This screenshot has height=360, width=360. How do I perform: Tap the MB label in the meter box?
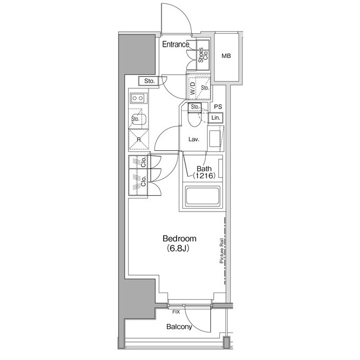click(x=226, y=56)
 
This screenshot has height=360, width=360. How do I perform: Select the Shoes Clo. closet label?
click(x=203, y=54)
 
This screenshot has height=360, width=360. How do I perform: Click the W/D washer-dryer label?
click(x=192, y=88)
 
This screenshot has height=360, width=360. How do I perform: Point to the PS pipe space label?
click(x=218, y=107)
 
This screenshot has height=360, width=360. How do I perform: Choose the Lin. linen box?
click(x=216, y=118)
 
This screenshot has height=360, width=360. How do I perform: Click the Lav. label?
click(x=195, y=139)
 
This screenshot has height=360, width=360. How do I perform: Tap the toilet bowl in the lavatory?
click(x=195, y=119)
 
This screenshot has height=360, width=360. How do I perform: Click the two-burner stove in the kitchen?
click(x=138, y=98)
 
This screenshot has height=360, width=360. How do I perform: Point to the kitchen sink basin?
click(x=139, y=119)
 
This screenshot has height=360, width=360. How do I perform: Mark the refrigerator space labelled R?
click(x=138, y=139)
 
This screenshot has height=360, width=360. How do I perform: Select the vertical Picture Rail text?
click(x=222, y=251)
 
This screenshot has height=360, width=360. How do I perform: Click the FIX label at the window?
click(x=176, y=311)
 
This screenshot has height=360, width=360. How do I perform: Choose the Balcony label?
click(x=179, y=327)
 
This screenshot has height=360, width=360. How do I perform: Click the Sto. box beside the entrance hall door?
click(x=149, y=81)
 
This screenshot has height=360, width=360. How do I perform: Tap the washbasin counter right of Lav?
click(x=215, y=137)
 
